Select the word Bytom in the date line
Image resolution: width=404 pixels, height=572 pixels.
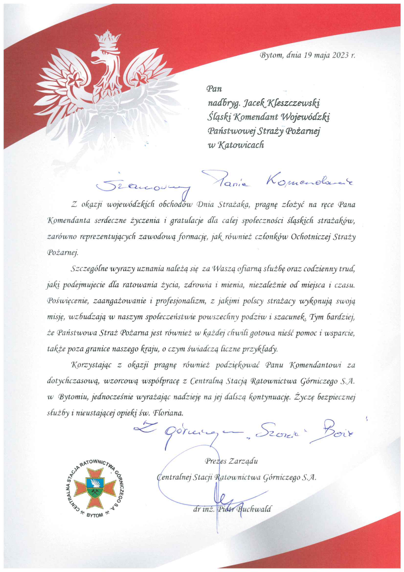pyautogui.click(x=271, y=55)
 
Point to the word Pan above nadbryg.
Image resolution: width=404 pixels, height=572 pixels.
pyautogui.click(x=214, y=89)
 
